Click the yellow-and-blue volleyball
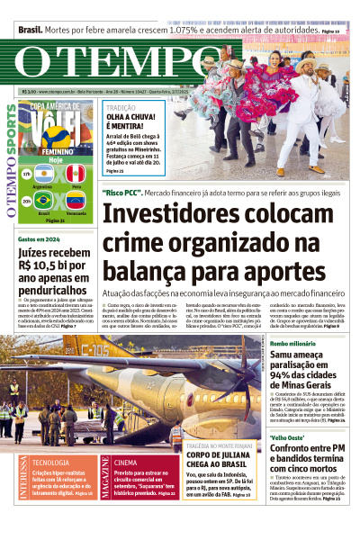(58, 136)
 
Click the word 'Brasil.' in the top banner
(30, 30)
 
